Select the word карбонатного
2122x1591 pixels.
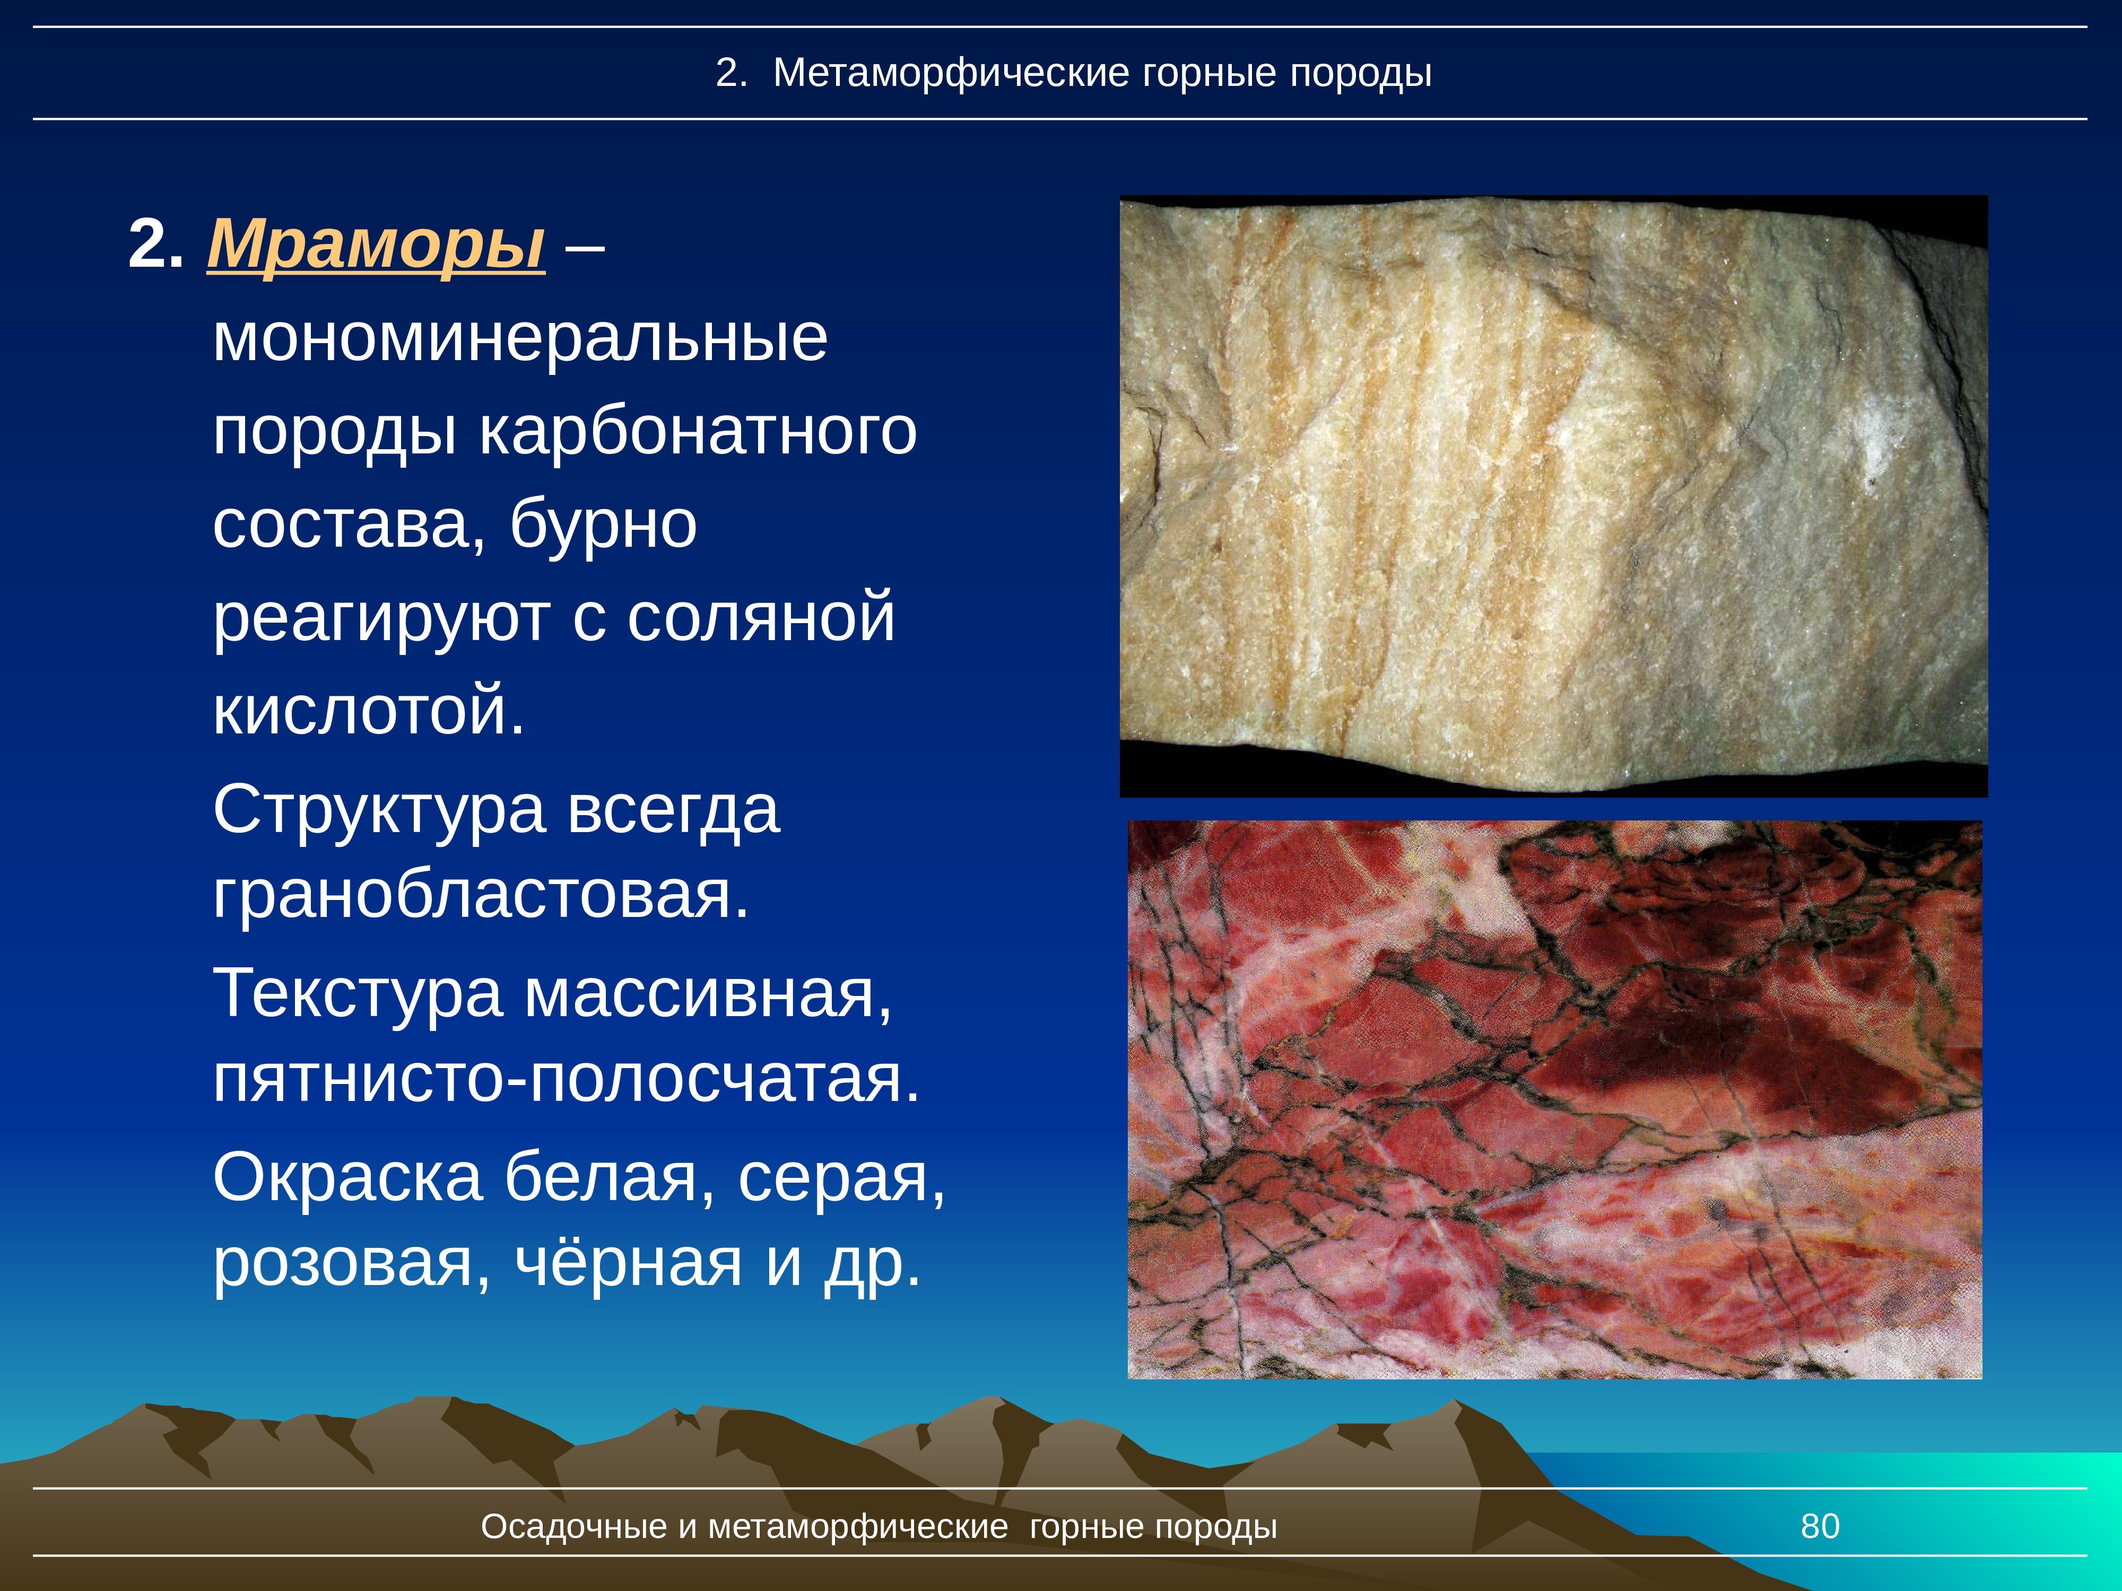[698, 433]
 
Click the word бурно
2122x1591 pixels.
[603, 524]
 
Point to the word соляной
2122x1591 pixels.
[761, 618]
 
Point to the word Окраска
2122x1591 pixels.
[347, 1178]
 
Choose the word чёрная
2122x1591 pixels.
[628, 1263]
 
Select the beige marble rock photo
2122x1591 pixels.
[1553, 496]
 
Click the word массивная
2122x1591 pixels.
[708, 993]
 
